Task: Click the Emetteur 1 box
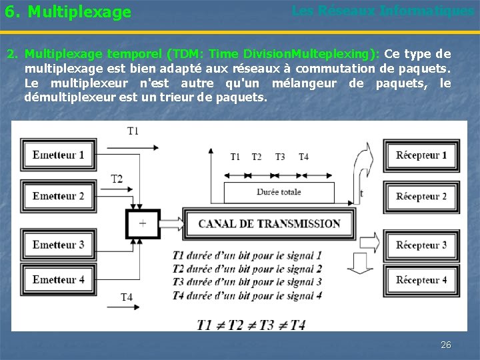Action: pos(59,155)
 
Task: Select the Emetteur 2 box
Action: pos(59,196)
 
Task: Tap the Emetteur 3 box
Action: pos(59,245)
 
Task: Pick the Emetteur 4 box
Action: pos(59,279)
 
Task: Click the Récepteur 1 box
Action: pos(421,155)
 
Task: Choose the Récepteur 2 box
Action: pos(421,196)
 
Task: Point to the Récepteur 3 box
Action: pos(421,245)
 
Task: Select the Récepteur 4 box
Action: pos(421,279)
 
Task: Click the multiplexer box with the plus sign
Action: pos(143,224)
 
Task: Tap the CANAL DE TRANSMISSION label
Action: pos(269,224)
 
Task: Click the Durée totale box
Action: pos(279,192)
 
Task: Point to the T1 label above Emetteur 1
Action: pos(133,131)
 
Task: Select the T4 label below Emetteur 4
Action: pos(126,297)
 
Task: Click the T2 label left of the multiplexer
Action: pos(117,179)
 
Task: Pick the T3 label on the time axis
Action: pos(280,157)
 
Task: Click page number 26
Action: pos(446,345)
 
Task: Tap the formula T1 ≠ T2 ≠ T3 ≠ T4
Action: pos(251,325)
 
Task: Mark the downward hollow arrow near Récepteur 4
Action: pos(361,265)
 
